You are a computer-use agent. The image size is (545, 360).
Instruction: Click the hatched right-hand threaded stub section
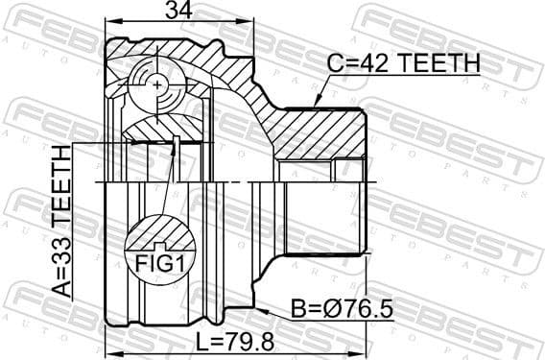point(321,133)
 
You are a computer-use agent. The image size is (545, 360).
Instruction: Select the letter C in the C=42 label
point(333,63)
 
